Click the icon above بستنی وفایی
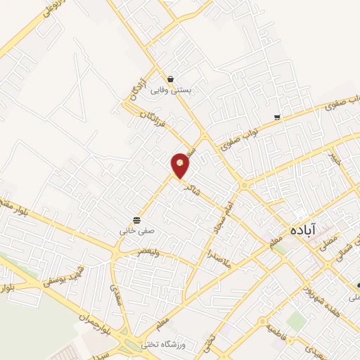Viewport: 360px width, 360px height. pos(171,79)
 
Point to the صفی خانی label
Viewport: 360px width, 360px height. pos(134,229)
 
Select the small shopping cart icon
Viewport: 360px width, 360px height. pos(278,117)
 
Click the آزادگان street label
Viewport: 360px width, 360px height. pos(134,88)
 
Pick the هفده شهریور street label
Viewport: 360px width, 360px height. pos(323,297)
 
